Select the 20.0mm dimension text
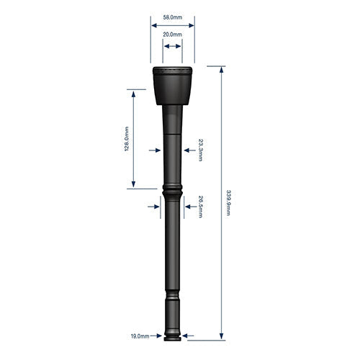click(171, 35)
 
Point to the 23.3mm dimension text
click(201, 150)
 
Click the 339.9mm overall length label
click(228, 202)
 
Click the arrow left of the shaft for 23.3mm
click(154, 150)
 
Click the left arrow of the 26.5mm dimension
click(154, 207)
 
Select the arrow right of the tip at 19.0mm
click(186, 336)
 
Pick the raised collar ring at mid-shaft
click(172, 193)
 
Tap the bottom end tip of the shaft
click(172, 334)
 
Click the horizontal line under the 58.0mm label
click(171, 24)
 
